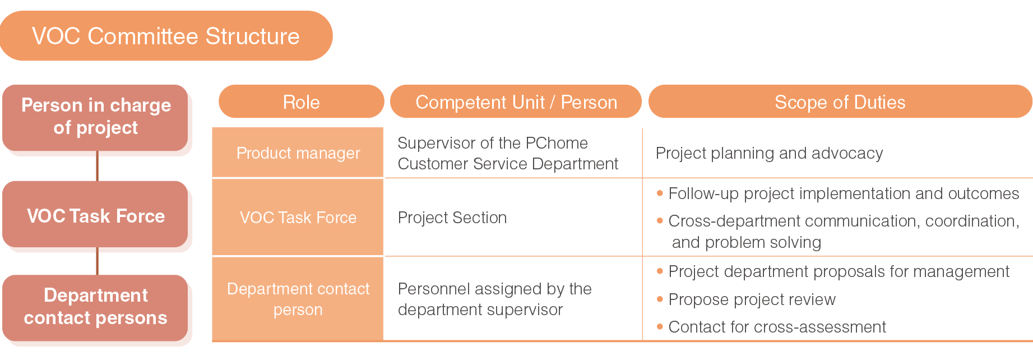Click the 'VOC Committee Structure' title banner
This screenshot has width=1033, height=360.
(x=166, y=36)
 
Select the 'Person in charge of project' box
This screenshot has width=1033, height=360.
(x=95, y=118)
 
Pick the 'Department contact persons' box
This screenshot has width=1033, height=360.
(x=95, y=307)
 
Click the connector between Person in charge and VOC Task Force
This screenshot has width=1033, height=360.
(x=98, y=166)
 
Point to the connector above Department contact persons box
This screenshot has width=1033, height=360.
(x=98, y=261)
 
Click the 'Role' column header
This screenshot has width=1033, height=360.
(x=302, y=101)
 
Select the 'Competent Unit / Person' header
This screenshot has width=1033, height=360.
(x=516, y=101)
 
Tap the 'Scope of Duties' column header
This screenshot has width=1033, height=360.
(x=840, y=101)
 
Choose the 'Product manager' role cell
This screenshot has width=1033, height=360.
(x=298, y=153)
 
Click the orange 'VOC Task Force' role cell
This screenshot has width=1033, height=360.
(x=298, y=218)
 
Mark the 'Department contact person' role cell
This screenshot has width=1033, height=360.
(x=298, y=299)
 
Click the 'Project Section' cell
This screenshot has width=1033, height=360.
(x=452, y=218)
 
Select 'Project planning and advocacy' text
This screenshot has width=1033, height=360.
(x=769, y=153)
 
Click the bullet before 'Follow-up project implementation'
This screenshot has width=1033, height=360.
(x=660, y=193)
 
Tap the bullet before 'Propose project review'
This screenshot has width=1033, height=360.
(x=660, y=299)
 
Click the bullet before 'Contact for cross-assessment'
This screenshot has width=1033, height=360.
(x=660, y=327)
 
